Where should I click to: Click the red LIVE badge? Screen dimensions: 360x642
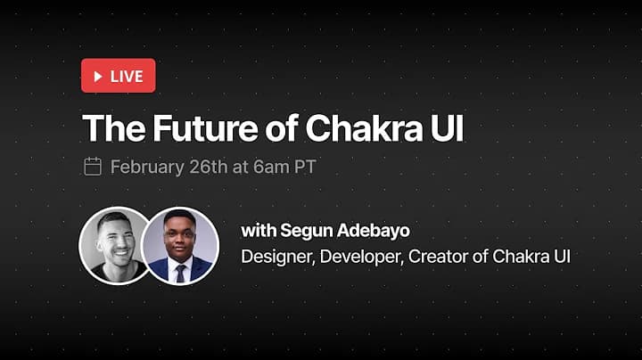pos(119,76)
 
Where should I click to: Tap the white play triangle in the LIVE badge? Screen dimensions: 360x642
pos(97,76)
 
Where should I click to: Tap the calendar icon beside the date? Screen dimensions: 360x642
pos(92,167)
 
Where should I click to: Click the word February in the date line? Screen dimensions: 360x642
pos(145,167)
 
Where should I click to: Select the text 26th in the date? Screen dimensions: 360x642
pos(206,167)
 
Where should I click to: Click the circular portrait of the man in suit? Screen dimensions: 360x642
pos(180,245)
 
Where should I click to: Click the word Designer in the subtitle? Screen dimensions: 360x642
pos(276,257)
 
